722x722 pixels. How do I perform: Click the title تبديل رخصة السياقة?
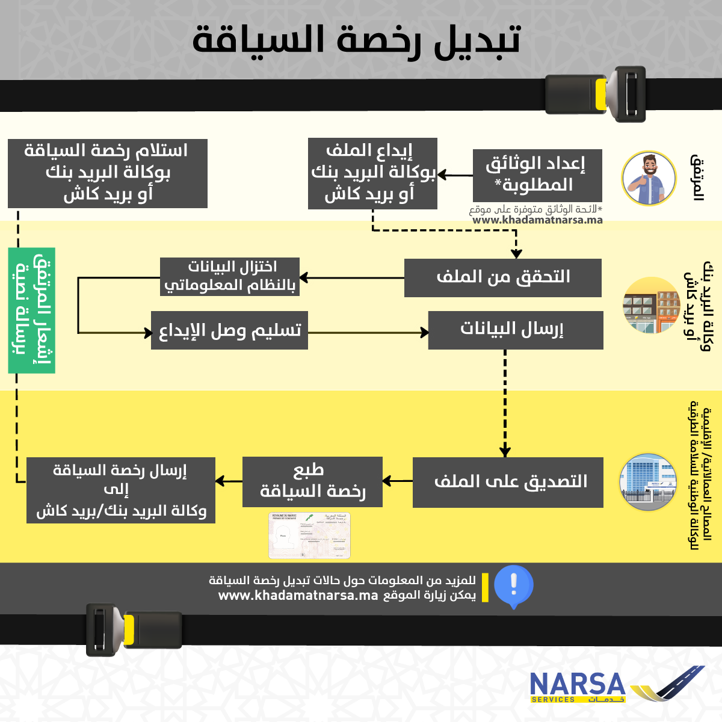pos(356,40)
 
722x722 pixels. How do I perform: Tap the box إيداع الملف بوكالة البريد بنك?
pos(372,173)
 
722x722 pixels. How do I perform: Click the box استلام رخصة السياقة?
pos(108,173)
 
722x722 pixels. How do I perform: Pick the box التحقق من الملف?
pos(502,277)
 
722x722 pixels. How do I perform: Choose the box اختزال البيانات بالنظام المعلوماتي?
pos(230,277)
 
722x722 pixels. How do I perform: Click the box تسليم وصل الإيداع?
pos(229,330)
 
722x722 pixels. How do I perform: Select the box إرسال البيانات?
pos(515,330)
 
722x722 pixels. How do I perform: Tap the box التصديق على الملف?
pos(508,481)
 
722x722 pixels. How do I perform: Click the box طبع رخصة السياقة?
pos(312,481)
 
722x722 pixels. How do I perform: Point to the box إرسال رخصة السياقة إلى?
pos(120,490)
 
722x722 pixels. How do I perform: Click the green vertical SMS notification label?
pos(32,310)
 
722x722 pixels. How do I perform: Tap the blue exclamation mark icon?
pos(513,585)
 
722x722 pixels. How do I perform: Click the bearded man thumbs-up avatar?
pos(649,178)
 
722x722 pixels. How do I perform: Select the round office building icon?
pos(649,483)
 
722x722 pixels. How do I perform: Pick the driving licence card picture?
pos(309,535)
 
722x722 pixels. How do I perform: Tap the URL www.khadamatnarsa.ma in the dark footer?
pos(298,596)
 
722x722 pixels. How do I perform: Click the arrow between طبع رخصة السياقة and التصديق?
pos(397,481)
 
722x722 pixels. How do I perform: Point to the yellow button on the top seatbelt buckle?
pos(600,94)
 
